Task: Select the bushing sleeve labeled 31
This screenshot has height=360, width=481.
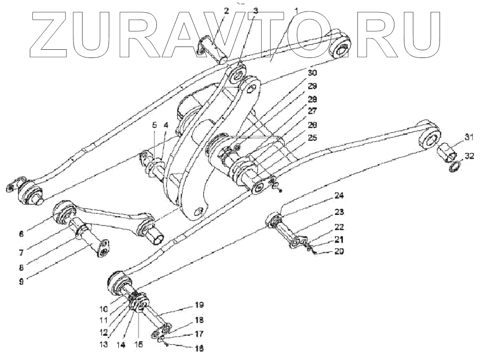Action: point(446,151)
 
